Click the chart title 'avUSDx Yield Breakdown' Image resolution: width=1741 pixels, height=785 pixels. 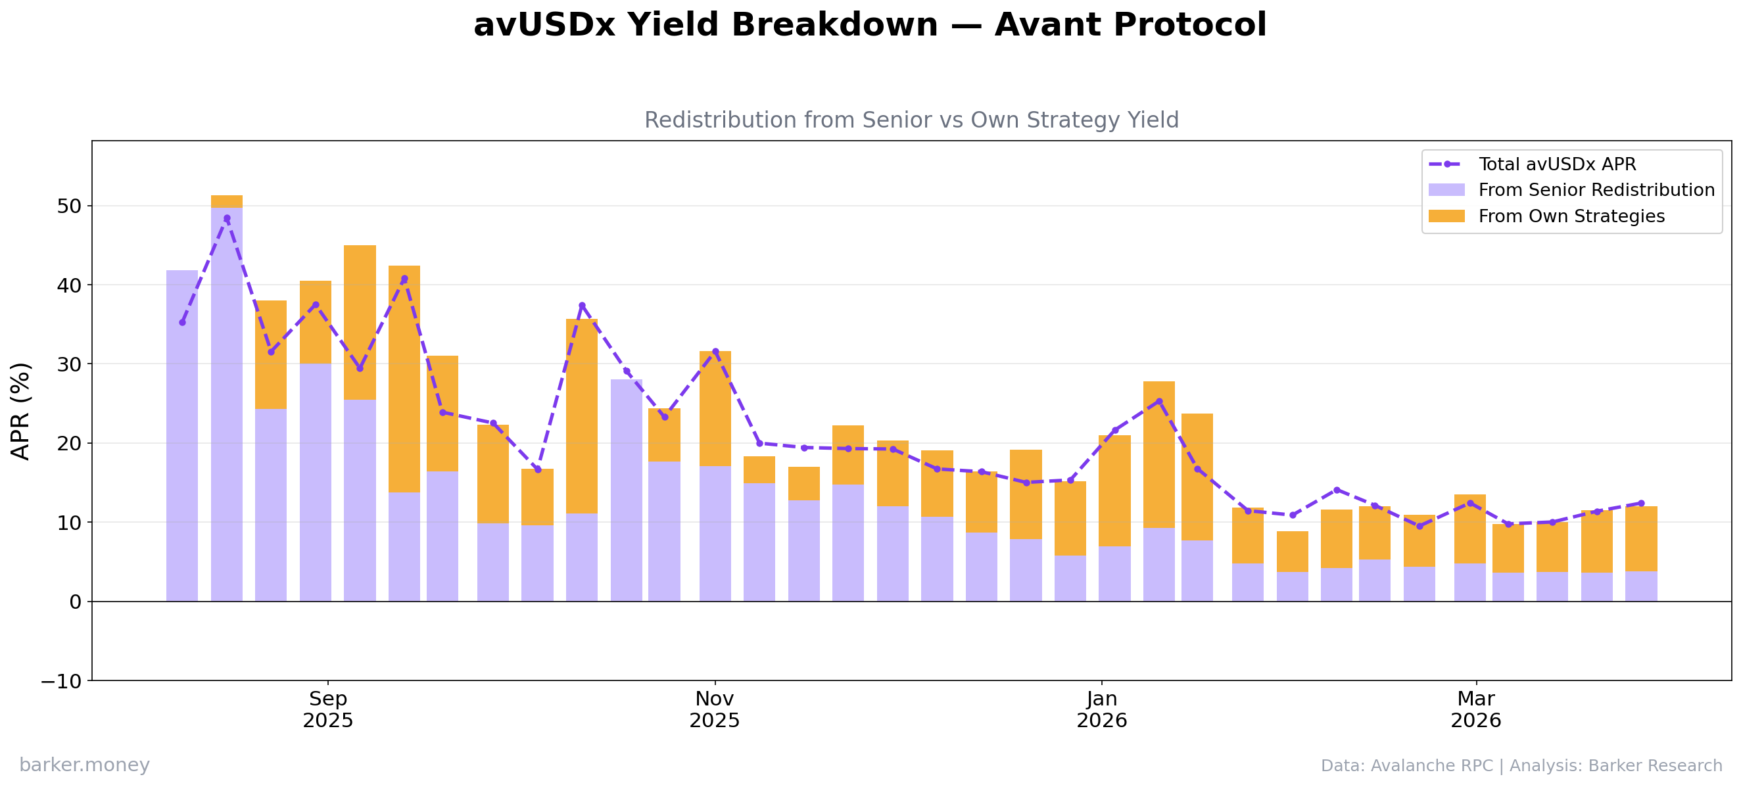pos(870,26)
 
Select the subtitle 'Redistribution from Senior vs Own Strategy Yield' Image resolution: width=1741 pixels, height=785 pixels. pos(911,120)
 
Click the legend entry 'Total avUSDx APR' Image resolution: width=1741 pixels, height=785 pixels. pos(1557,164)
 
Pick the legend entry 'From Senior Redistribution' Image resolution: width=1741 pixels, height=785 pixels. pos(1596,190)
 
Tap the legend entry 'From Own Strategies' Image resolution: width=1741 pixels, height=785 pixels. pos(1571,216)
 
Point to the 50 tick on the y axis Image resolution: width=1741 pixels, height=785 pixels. pos(69,206)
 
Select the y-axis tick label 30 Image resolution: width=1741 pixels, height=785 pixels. pos(69,364)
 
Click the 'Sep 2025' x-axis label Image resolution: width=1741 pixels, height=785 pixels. pos(328,709)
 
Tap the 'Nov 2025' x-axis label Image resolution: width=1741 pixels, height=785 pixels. pos(715,709)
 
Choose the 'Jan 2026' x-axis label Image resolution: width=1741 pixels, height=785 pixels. pos(1102,709)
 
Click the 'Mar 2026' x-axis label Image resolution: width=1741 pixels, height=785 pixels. pos(1476,709)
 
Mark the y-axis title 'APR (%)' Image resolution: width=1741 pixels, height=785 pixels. pos(21,411)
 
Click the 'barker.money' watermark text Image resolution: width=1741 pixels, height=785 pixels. pos(84,765)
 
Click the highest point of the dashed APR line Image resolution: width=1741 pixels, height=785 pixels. pos(226,218)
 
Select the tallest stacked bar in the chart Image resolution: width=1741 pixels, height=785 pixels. pos(226,398)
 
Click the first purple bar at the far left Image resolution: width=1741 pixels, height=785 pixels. pos(182,436)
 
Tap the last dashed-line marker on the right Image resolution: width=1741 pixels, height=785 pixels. pos(1641,504)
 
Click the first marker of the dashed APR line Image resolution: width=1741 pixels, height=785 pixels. pos(182,322)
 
